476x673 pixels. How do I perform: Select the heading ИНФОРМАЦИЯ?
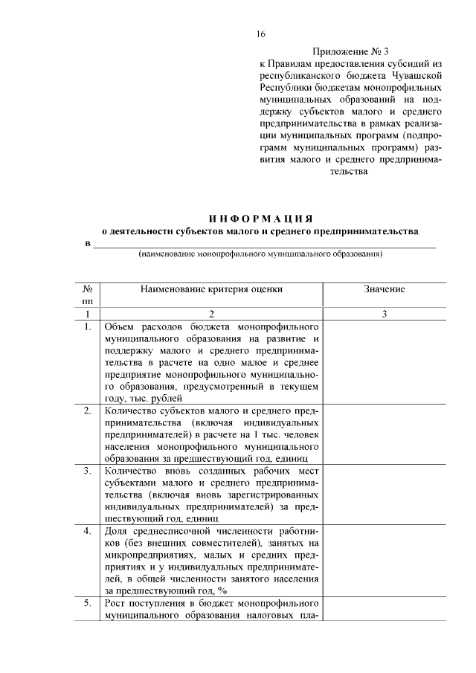coord(260,218)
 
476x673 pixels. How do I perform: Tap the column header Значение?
coord(385,289)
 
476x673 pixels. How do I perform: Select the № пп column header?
coord(87,294)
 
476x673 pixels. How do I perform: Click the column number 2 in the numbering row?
coord(211,315)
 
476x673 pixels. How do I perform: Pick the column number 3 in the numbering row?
coord(385,315)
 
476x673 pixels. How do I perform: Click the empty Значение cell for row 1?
coord(385,362)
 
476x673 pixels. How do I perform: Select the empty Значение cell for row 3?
coord(385,495)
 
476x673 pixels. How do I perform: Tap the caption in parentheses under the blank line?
coord(260,254)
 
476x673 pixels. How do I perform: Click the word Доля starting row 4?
coord(118,531)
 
